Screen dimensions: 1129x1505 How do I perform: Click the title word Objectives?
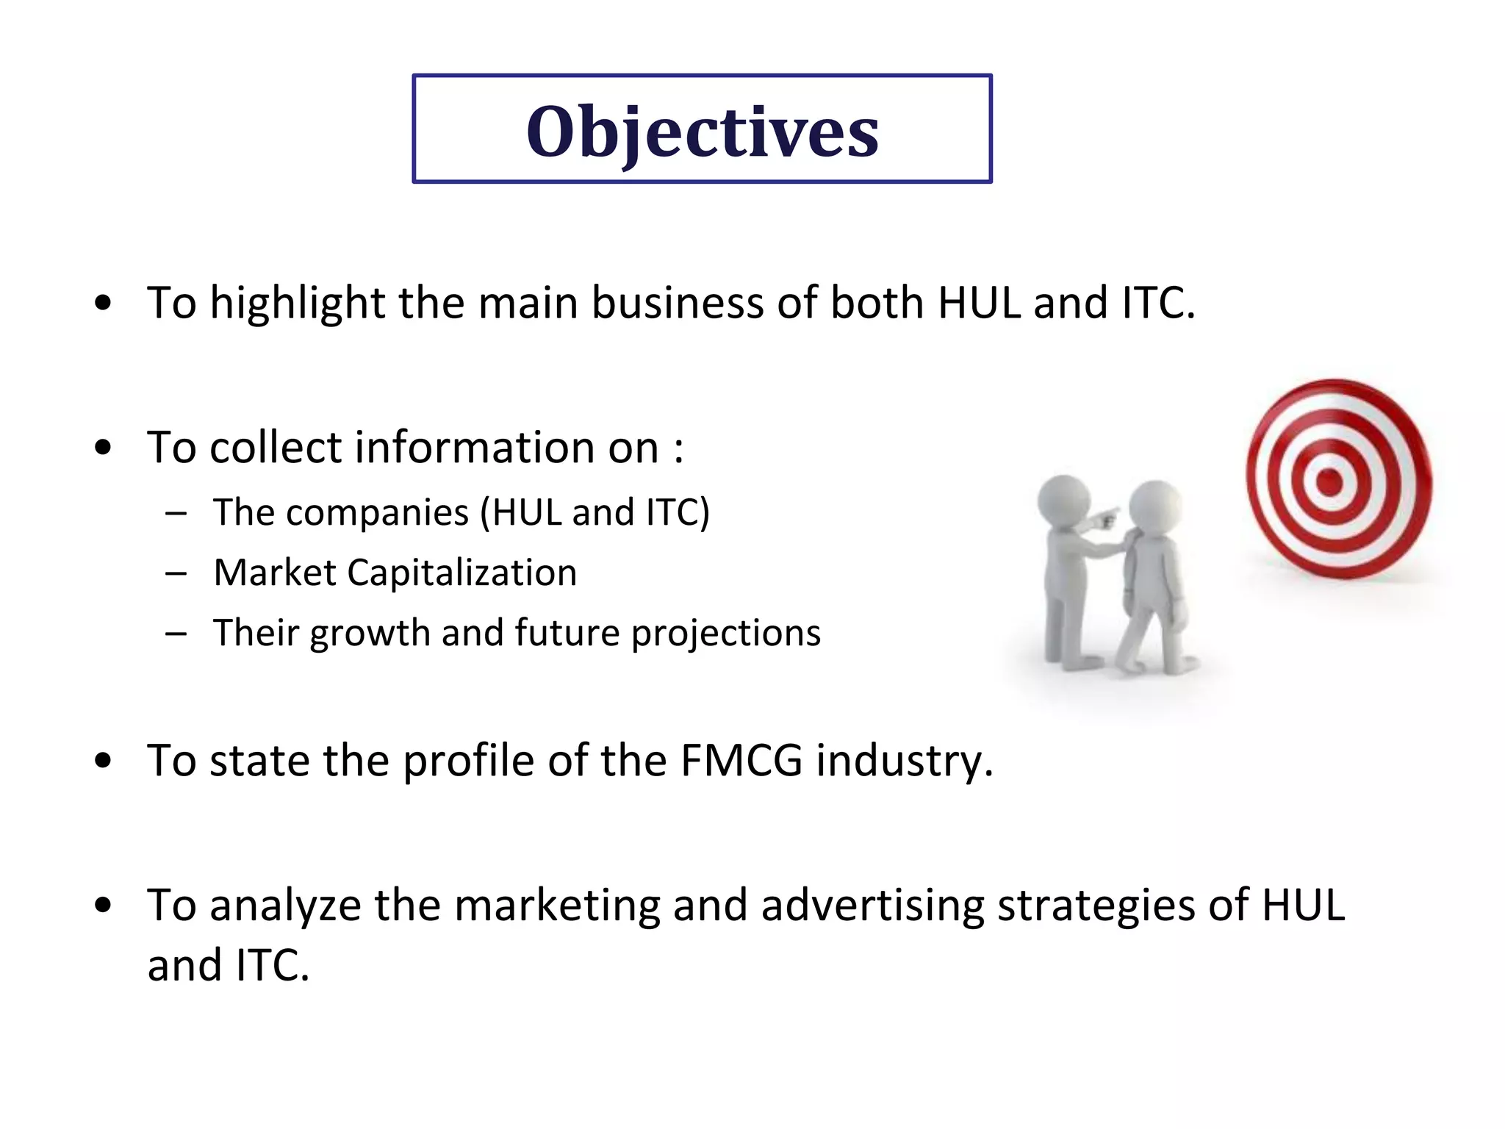(x=702, y=132)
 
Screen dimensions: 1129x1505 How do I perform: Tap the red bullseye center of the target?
(x=1329, y=483)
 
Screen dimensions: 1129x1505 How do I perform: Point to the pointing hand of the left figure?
(x=1106, y=519)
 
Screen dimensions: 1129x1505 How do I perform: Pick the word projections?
(x=726, y=634)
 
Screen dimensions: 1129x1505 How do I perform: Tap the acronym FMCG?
(x=741, y=761)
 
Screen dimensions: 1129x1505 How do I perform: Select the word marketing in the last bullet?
(x=557, y=906)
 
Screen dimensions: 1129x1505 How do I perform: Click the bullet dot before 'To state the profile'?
(x=104, y=762)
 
